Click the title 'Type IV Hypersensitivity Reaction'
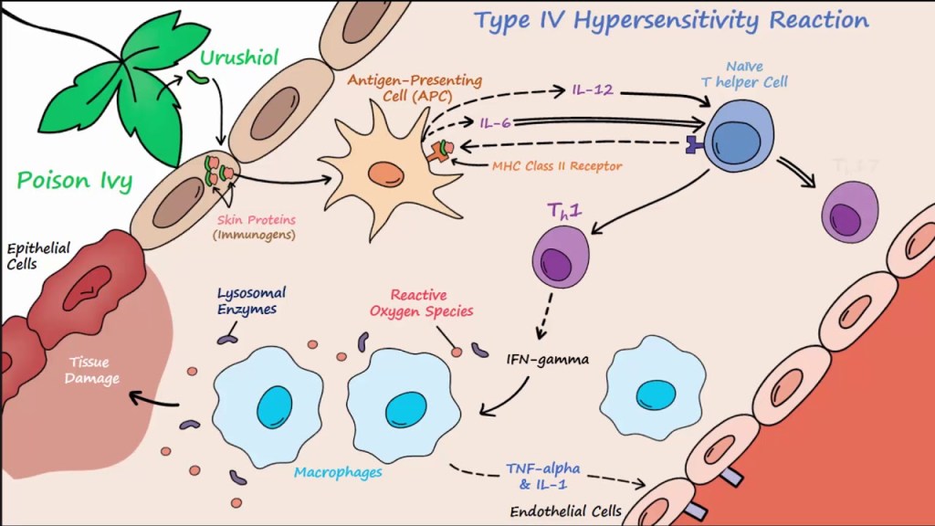point(670,20)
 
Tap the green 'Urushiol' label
point(227,59)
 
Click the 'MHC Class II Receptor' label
point(557,166)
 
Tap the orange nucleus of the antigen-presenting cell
point(386,173)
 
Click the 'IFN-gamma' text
point(548,359)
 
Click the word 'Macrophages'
point(338,472)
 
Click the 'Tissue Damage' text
point(92,371)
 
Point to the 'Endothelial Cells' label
point(554,510)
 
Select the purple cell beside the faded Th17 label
point(850,212)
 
